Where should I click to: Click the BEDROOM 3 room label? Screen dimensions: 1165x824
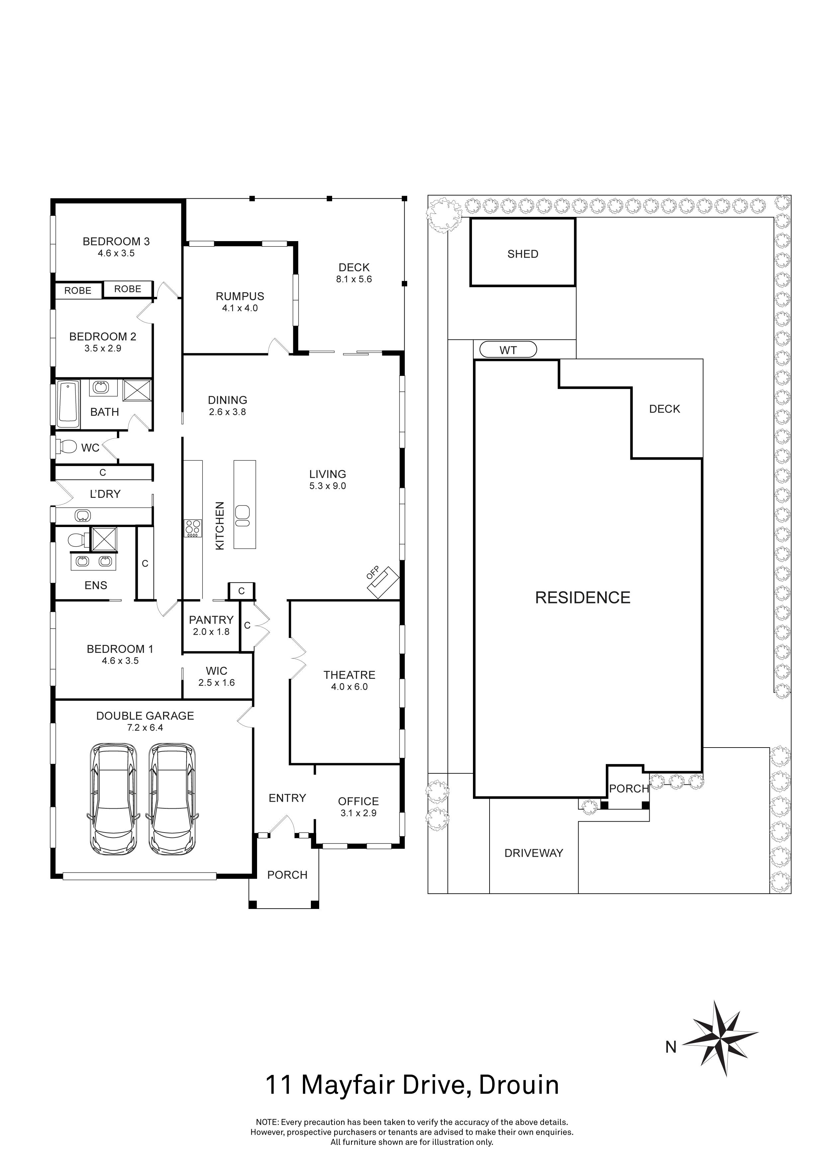pos(116,241)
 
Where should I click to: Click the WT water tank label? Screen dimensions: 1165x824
pos(508,350)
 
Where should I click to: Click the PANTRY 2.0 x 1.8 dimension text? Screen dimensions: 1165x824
pos(211,632)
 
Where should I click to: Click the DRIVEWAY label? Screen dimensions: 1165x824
pos(533,853)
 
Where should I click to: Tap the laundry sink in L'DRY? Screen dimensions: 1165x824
pos(82,516)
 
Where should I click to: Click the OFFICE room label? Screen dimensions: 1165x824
pos(358,801)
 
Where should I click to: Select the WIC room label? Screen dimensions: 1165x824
pos(216,671)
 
